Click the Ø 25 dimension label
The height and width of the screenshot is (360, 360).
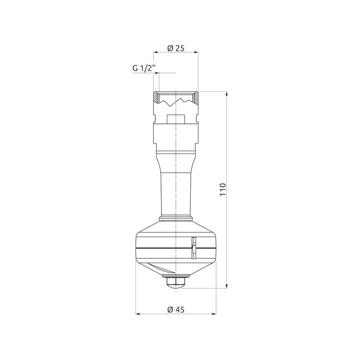click(x=176, y=48)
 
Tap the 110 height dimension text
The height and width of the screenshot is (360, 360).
click(x=223, y=189)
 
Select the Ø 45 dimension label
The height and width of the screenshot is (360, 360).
click(x=176, y=310)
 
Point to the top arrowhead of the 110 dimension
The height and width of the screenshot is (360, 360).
click(x=227, y=94)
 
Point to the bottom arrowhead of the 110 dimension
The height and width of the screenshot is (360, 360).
click(x=227, y=286)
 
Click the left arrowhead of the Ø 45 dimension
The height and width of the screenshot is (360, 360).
click(x=138, y=314)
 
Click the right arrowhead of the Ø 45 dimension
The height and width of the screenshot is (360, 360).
click(x=214, y=314)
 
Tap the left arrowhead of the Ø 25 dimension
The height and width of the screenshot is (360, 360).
click(x=156, y=52)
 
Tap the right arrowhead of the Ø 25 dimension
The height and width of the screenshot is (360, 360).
click(x=196, y=52)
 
